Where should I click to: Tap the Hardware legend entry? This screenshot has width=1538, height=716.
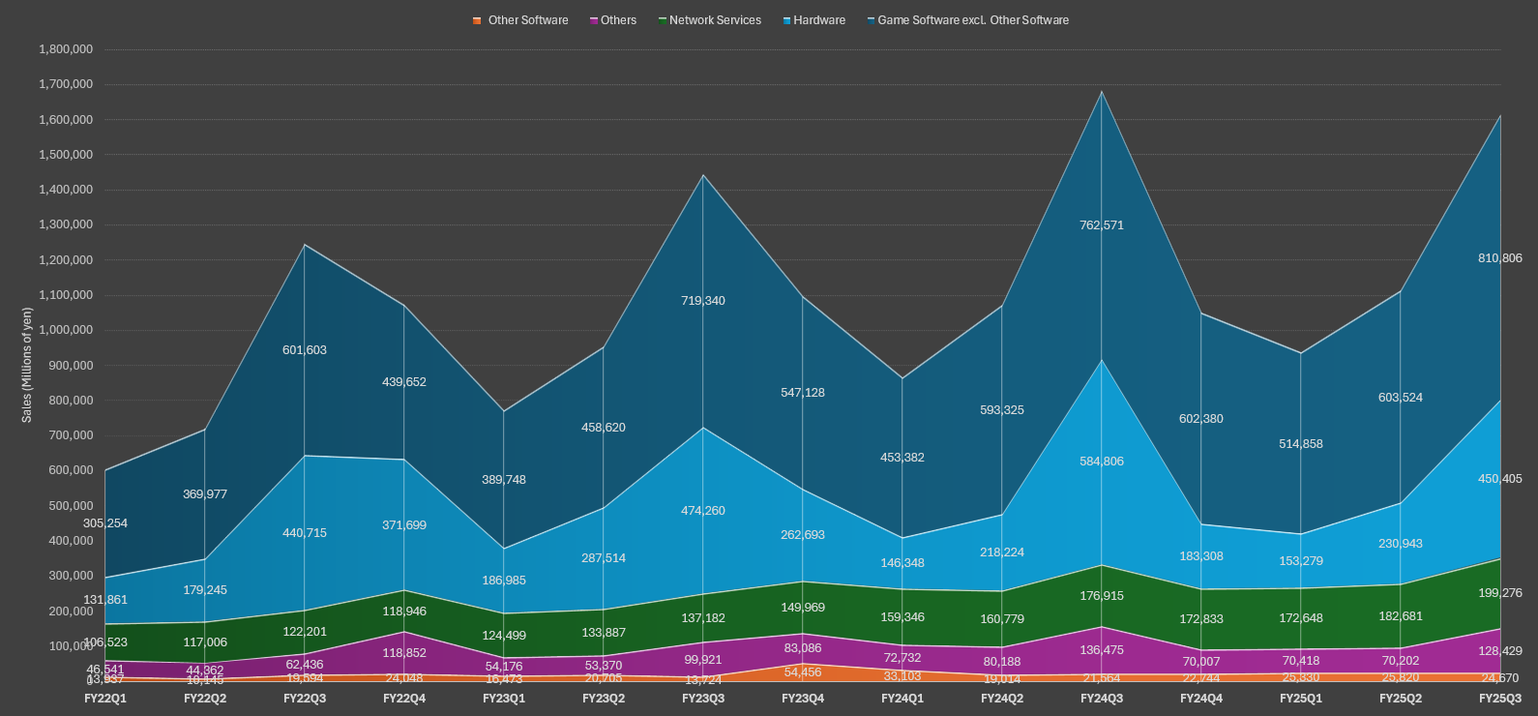818,20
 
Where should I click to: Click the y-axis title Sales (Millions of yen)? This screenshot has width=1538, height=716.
27,365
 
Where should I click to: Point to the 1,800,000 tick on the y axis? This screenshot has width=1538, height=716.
66,49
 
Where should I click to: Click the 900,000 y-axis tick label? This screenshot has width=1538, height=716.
66,366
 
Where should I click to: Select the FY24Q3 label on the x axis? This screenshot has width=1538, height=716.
1102,699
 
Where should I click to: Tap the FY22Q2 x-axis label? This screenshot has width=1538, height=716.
205,699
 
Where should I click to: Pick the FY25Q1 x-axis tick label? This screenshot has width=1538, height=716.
1301,699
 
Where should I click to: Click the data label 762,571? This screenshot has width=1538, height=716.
1102,225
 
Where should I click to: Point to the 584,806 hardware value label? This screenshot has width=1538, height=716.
1102,462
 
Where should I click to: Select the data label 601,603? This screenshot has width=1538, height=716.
305,350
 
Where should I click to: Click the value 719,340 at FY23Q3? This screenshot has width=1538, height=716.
703,301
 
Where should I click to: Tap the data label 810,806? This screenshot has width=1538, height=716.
1499,258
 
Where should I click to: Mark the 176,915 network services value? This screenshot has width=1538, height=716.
1102,596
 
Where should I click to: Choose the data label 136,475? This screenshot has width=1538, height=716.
1102,650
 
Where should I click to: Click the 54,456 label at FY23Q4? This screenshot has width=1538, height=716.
803,672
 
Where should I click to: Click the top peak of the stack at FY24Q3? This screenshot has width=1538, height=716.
1102,92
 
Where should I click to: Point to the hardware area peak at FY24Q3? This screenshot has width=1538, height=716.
1102,360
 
